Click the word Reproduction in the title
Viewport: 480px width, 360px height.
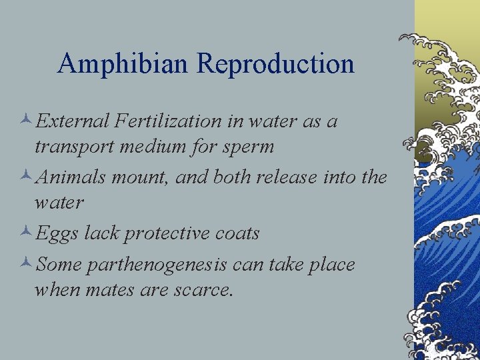(275, 64)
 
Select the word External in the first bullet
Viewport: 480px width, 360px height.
(73, 121)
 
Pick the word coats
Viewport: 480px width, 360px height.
(235, 233)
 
